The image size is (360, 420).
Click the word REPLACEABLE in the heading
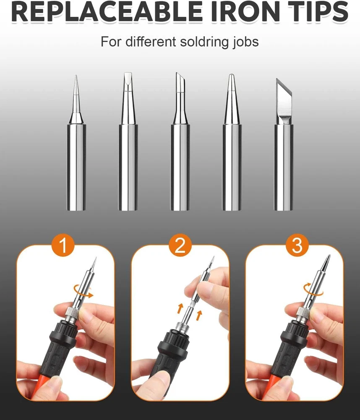pyautogui.click(x=107, y=11)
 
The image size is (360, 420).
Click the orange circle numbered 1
pyautogui.click(x=63, y=245)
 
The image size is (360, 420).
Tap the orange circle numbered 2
pyautogui.click(x=180, y=245)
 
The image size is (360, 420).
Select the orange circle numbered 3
pyautogui.click(x=297, y=245)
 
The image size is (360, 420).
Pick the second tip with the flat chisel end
pyautogui.click(x=128, y=142)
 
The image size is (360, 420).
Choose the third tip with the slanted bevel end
pyautogui.click(x=180, y=142)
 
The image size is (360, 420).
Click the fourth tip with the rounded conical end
pyautogui.click(x=232, y=142)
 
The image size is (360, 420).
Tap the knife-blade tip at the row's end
pyautogui.click(x=284, y=144)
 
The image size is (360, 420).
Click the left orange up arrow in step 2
pyautogui.click(x=180, y=308)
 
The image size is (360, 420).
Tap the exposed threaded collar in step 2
pyautogui.click(x=182, y=329)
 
